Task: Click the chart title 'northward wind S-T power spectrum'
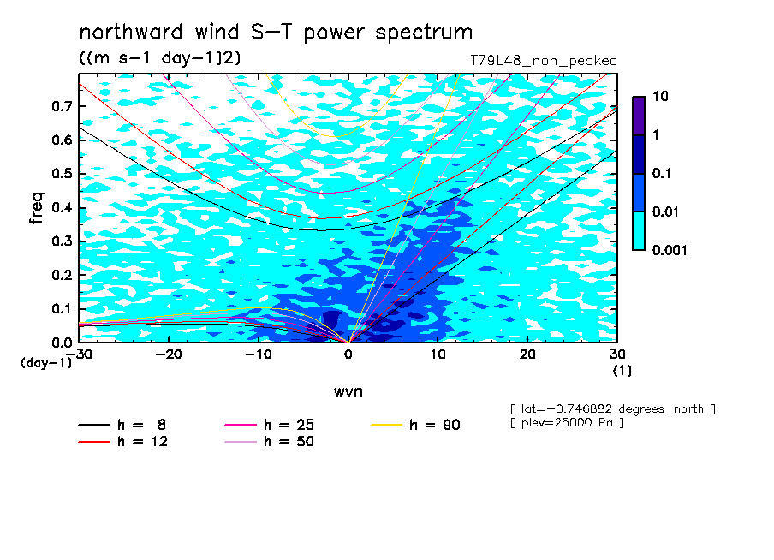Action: [276, 33]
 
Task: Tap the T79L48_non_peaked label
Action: [544, 61]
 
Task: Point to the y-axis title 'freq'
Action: [37, 208]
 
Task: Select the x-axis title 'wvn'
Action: [348, 392]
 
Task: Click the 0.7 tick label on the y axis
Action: [62, 106]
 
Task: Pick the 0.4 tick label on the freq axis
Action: [62, 207]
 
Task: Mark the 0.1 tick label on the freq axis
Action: [62, 308]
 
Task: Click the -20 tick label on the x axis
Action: [169, 354]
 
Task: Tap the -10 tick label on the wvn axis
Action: [259, 354]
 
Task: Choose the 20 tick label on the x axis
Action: [527, 354]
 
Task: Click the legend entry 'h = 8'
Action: [122, 425]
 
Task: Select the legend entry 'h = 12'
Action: [123, 441]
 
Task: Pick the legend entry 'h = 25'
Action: [269, 425]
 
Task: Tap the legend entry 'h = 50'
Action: [269, 441]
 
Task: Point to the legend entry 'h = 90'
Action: [415, 425]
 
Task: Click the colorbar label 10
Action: [660, 96]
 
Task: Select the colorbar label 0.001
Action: [670, 250]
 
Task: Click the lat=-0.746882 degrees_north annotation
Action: [612, 409]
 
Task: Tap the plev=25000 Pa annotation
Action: [567, 423]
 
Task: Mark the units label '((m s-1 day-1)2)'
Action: [160, 58]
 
